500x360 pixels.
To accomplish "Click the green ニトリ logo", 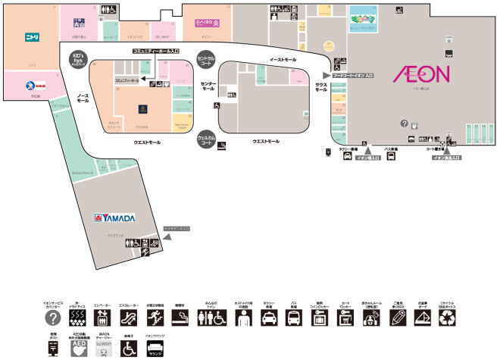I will click(x=32, y=36).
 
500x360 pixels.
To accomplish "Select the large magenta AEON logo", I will click(x=421, y=74).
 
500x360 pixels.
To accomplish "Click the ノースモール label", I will click(x=83, y=99).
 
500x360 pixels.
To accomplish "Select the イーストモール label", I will click(x=282, y=58).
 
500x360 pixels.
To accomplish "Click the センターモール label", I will click(x=208, y=88).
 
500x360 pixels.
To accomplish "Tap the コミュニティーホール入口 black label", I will click(x=155, y=51).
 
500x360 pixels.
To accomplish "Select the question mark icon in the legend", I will click(x=52, y=318).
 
